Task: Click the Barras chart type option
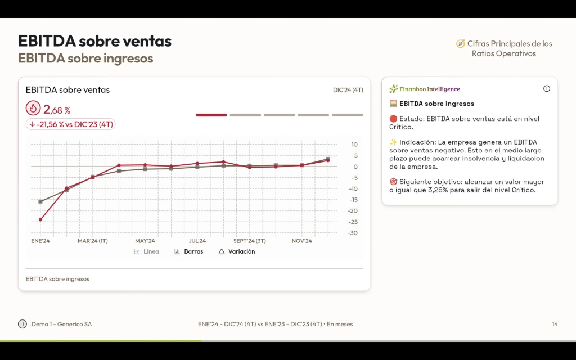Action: point(189,251)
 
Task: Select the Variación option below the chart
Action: point(237,251)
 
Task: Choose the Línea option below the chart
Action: point(146,251)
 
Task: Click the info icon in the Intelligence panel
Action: point(547,89)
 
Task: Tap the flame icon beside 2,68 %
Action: point(33,109)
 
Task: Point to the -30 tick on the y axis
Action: point(353,233)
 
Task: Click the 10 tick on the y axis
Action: point(354,145)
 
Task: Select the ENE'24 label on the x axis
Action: point(40,241)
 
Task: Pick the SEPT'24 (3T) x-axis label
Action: point(250,241)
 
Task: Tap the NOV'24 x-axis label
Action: point(302,241)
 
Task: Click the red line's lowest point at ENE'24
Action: point(40,219)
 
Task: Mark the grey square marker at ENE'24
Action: point(40,201)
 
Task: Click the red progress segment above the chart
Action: point(211,115)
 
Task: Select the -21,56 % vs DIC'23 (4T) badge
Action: point(71,124)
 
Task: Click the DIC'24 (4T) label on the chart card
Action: point(348,90)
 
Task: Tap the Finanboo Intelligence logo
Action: point(425,89)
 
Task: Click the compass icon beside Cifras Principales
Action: point(460,44)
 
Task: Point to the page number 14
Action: point(555,324)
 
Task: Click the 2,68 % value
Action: point(57,110)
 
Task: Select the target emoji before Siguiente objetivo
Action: point(393,182)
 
